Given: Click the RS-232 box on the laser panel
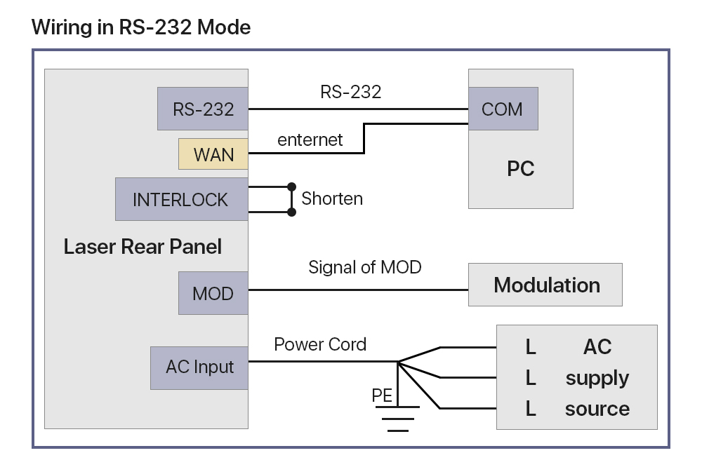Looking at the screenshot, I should click(x=203, y=109).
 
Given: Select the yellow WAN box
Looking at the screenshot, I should click(x=213, y=154).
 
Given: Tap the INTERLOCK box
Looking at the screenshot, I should click(x=181, y=199).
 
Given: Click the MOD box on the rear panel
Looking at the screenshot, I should click(x=213, y=292).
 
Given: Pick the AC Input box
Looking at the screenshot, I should click(x=199, y=367).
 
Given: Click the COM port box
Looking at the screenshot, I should click(x=503, y=109).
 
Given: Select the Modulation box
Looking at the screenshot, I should click(x=545, y=285).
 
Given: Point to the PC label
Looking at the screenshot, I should click(x=520, y=169).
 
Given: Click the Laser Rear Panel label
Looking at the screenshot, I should click(x=143, y=247).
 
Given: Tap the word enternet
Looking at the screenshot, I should click(x=310, y=140).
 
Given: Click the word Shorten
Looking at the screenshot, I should click(x=332, y=198).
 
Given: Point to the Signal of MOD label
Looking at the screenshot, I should click(x=365, y=267).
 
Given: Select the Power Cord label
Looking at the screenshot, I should click(x=320, y=344).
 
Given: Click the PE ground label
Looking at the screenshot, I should click(x=382, y=396).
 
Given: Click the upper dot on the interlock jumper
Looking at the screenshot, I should click(x=291, y=187).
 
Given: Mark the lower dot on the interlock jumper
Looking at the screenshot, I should click(x=291, y=211).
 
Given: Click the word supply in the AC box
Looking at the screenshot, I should click(x=597, y=379).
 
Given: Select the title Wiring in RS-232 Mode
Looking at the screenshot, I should click(x=141, y=27).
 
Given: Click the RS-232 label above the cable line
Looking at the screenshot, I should click(x=350, y=92).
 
